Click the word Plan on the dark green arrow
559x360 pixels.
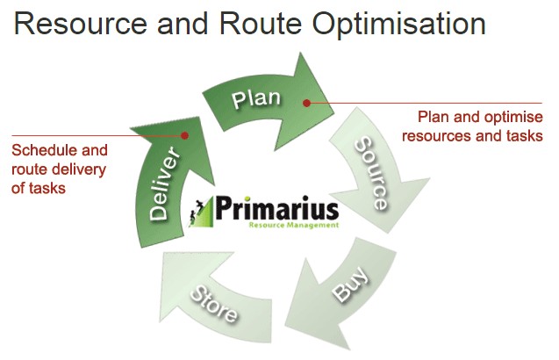(256, 98)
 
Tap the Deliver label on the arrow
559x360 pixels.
(163, 184)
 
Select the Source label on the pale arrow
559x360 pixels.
(371, 173)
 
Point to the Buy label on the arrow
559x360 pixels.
(350, 284)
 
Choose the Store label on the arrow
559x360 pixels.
(213, 304)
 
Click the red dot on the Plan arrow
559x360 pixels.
(306, 103)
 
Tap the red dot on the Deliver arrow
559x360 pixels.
(184, 135)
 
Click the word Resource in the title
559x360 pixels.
(80, 24)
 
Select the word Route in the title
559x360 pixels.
(261, 24)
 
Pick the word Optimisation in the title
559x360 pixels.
(399, 25)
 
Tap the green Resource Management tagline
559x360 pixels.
(293, 225)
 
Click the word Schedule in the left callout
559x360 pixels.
(43, 150)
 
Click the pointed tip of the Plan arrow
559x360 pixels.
(333, 114)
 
